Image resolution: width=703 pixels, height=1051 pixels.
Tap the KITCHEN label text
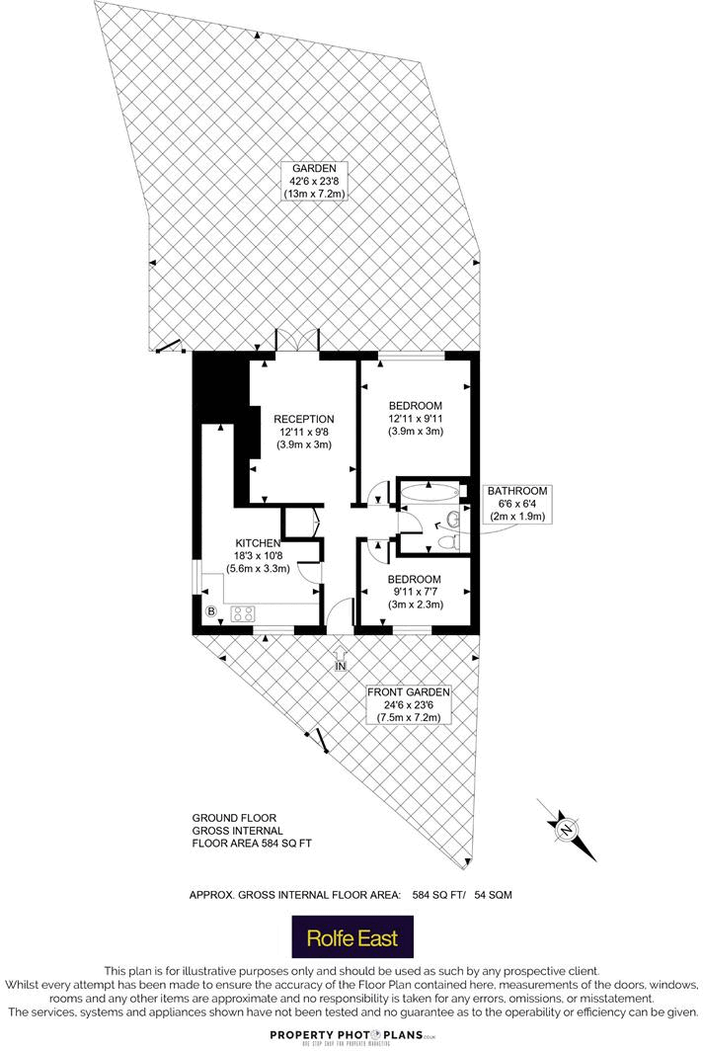tap(258, 542)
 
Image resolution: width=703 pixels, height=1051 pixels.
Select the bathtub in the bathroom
tap(430, 492)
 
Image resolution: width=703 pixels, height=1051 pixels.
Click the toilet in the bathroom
tap(445, 541)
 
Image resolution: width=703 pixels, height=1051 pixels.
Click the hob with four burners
tap(243, 613)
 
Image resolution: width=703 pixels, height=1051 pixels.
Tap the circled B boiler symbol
tap(210, 612)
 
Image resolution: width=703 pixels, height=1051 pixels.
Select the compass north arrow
tap(566, 828)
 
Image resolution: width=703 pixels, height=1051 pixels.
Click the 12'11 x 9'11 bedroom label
tap(415, 418)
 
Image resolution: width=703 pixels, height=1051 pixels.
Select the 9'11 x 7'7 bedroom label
tap(414, 591)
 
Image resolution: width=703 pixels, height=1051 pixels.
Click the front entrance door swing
tap(339, 613)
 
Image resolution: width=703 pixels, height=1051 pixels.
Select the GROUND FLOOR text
tap(230, 819)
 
